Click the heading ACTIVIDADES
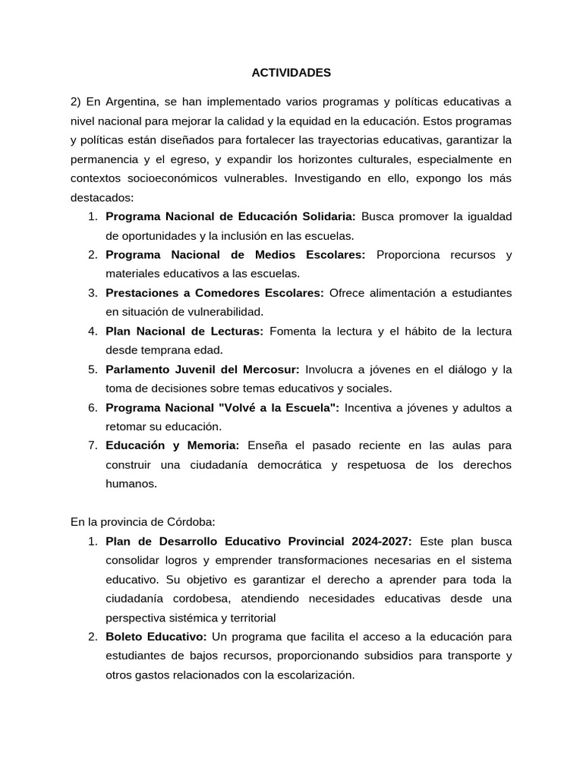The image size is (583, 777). (x=291, y=73)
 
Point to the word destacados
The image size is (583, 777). (x=99, y=197)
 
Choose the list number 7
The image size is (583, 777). (x=91, y=445)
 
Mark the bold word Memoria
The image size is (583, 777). (x=216, y=445)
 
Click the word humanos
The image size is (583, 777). (x=130, y=483)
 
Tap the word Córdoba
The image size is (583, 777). (x=192, y=522)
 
